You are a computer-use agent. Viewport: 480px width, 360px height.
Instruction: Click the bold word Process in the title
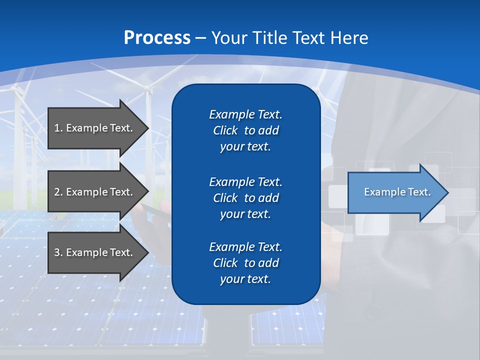pyautogui.click(x=157, y=38)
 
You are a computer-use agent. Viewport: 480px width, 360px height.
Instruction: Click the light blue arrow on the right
pyautogui.click(x=395, y=192)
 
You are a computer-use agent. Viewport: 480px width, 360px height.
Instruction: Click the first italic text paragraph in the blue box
pyautogui.click(x=245, y=130)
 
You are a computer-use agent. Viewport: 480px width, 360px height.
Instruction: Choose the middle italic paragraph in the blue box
pyautogui.click(x=245, y=197)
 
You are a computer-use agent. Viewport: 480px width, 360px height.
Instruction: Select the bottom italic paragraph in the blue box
pyautogui.click(x=245, y=263)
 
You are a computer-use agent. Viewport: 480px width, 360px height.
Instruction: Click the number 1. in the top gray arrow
pyautogui.click(x=58, y=128)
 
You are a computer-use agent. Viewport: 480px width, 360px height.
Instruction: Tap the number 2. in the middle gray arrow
pyautogui.click(x=58, y=192)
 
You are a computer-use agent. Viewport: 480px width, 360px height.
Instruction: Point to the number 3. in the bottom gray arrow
pyautogui.click(x=58, y=252)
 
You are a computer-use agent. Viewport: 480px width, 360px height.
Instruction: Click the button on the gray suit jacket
pyautogui.click(x=372, y=315)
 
